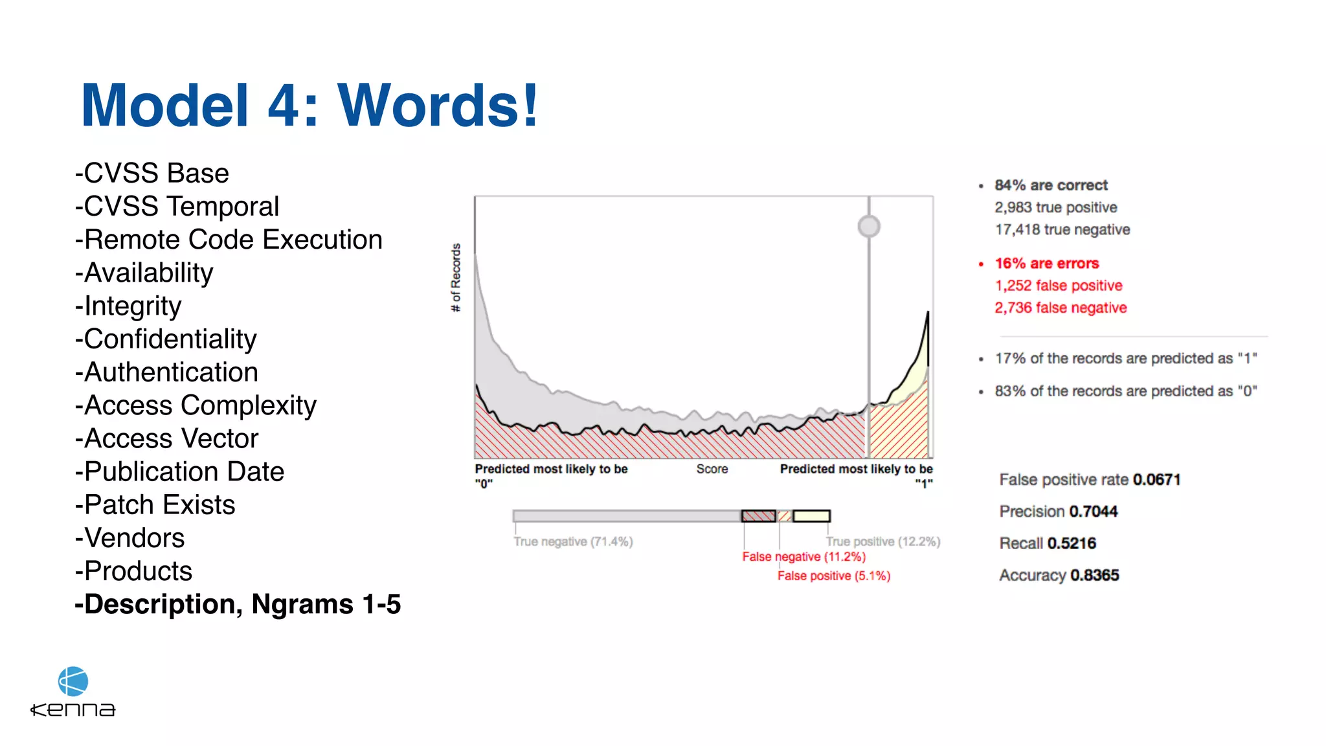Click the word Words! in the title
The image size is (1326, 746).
pyautogui.click(x=438, y=106)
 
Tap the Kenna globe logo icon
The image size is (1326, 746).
pyautogui.click(x=73, y=681)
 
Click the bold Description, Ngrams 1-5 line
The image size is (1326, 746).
pyautogui.click(x=238, y=604)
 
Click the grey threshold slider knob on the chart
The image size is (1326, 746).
pyautogui.click(x=869, y=227)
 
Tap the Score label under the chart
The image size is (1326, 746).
pyautogui.click(x=712, y=469)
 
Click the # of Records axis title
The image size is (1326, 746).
pyautogui.click(x=456, y=277)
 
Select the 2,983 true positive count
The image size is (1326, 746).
pyautogui.click(x=1055, y=207)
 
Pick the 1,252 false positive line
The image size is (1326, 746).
pyautogui.click(x=1058, y=286)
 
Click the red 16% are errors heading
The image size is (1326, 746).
pyautogui.click(x=1046, y=264)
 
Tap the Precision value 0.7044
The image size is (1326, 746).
pyautogui.click(x=1093, y=512)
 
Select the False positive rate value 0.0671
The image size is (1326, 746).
pyautogui.click(x=1156, y=480)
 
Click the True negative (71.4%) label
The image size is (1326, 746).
pyautogui.click(x=573, y=541)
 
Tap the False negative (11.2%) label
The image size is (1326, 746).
pyautogui.click(x=803, y=557)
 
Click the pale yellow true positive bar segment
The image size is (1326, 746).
pyautogui.click(x=811, y=516)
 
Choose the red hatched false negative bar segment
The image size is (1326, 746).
pyautogui.click(x=758, y=516)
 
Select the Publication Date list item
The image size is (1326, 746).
pyautogui.click(x=184, y=472)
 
